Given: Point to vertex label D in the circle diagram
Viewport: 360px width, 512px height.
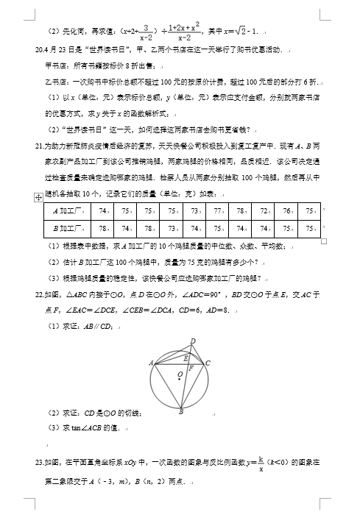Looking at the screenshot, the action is (x=194, y=340).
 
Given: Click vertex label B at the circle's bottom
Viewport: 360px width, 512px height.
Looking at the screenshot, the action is (x=181, y=412).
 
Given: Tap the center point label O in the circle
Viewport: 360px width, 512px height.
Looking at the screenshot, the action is (x=178, y=375).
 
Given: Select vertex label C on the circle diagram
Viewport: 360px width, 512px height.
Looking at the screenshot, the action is (x=208, y=363).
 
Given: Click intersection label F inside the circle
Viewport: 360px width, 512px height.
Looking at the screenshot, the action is (x=191, y=366).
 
